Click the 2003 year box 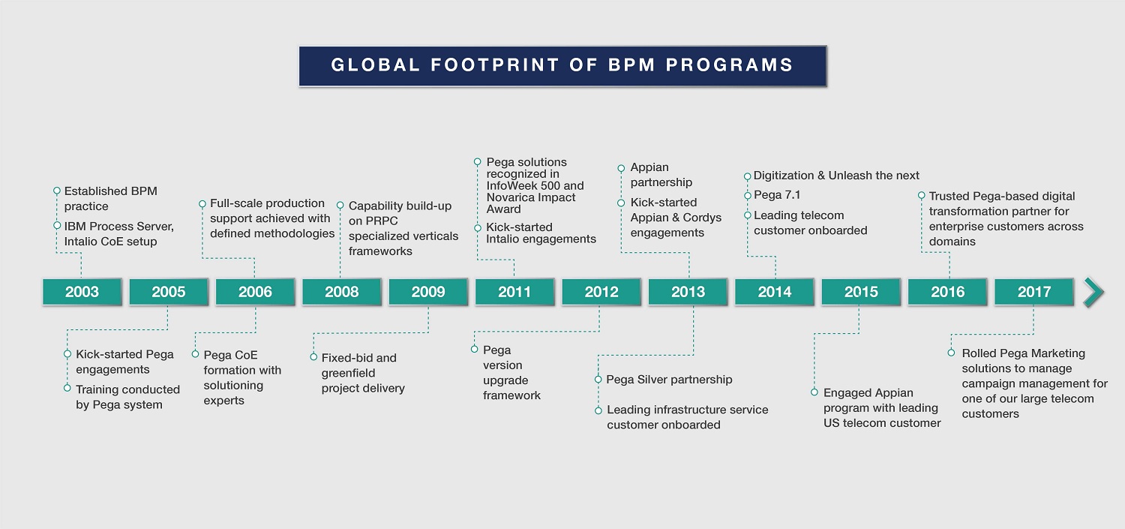pos(82,292)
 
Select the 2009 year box pos(428,292)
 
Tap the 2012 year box pos(601,292)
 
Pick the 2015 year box pos(861,292)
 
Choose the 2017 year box pos(1034,292)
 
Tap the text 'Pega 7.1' pos(777,195)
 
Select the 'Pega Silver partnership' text pos(669,379)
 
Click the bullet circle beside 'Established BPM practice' pos(57,191)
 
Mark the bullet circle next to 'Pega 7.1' pos(747,195)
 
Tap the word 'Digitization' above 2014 pos(784,176)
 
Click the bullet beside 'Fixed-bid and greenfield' pos(313,357)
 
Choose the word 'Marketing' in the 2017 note pos(1055,353)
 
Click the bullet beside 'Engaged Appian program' pos(814,392)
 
